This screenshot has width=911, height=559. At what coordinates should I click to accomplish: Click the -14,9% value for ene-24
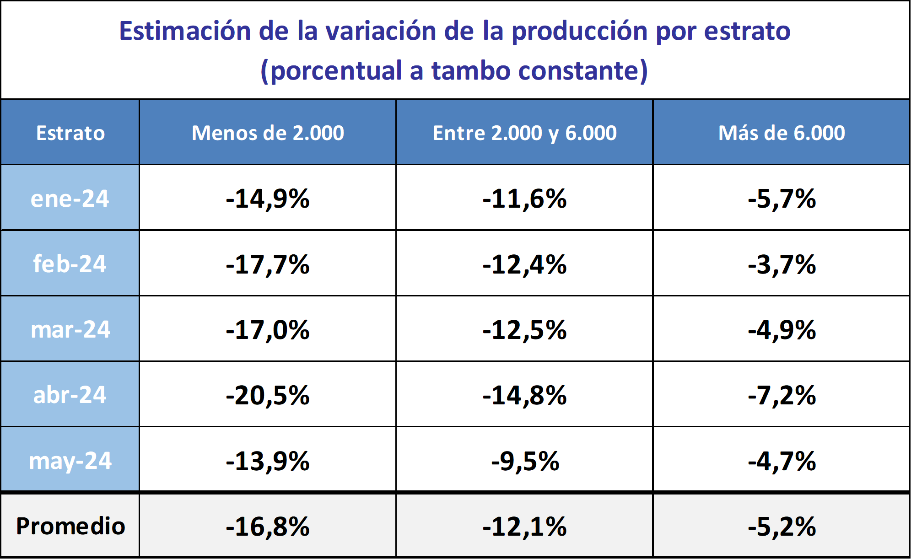coord(268,199)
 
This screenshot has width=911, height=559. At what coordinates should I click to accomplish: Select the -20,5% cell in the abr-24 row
coord(268,395)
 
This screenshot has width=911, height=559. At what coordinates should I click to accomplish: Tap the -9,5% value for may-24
coord(525,461)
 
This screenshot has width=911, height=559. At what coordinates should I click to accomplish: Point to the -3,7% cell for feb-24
coord(782,264)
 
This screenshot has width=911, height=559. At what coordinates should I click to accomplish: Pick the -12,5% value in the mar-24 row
coord(524,330)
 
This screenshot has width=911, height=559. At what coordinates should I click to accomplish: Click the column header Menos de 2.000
coord(268,133)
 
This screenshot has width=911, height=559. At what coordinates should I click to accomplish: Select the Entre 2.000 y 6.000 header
coord(524,133)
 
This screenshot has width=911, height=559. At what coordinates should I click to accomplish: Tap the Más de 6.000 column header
coord(782,133)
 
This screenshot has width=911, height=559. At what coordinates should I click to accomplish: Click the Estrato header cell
coord(70,133)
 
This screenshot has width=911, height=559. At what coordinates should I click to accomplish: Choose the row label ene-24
coord(70,199)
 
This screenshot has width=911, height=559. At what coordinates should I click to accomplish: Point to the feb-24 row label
coord(70,264)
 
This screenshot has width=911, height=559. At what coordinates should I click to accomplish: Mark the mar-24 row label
coord(70,330)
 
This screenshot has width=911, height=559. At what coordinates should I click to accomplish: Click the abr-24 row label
coord(70,395)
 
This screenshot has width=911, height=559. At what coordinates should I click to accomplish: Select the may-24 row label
coord(70,461)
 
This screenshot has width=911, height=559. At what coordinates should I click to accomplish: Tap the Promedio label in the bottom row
coord(70,526)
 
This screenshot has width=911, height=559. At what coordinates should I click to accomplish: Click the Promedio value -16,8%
coord(268,526)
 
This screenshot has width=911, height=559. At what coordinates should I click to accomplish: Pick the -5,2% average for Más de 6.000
coord(782,526)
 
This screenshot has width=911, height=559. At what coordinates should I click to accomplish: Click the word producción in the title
coord(579,31)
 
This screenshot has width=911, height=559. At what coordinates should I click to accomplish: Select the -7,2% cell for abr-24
coord(782,395)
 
